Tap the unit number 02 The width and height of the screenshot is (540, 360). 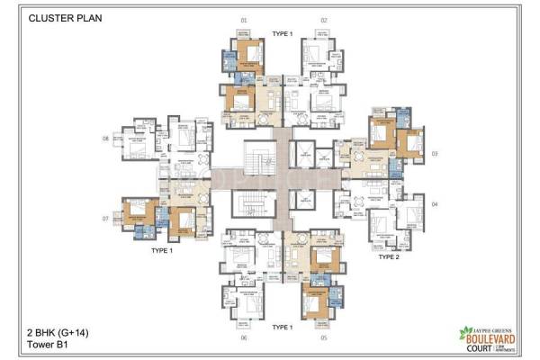coord(324,19)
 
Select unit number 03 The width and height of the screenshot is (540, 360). coord(434,154)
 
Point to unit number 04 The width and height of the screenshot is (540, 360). coord(434,204)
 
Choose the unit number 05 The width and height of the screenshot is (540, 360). coord(324,337)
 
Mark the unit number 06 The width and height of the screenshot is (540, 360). coord(243,337)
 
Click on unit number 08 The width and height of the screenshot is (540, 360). coord(106,138)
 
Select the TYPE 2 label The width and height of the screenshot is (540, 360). coord(388,256)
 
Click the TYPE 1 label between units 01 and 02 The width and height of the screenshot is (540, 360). coord(283,32)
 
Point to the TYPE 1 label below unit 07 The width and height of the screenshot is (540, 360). coord(162,252)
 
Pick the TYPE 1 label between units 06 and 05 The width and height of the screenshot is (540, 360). coord(283,327)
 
